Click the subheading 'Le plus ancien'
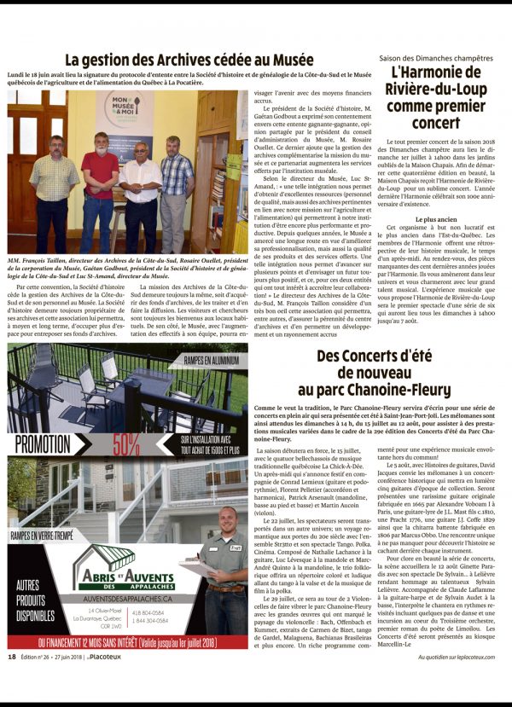click(435, 219)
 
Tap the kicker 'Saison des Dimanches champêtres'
click(435, 56)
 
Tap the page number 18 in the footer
click(12, 681)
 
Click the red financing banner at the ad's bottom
click(128, 643)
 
